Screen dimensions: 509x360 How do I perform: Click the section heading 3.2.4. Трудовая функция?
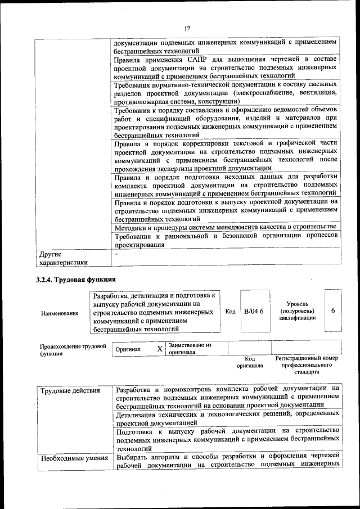(x=75, y=279)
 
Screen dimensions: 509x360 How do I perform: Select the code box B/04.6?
(x=254, y=311)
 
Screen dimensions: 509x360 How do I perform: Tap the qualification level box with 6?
(x=333, y=311)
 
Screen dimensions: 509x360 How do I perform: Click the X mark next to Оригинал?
(x=159, y=349)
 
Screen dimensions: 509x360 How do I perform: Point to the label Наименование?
(x=60, y=313)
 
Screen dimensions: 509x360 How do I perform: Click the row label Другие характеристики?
(x=62, y=258)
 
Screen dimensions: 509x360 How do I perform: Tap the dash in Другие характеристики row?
(x=116, y=254)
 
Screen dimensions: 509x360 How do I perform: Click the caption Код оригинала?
(x=249, y=362)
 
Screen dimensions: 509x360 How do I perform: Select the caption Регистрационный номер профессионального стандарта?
(x=306, y=365)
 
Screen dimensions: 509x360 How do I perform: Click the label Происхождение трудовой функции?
(x=73, y=350)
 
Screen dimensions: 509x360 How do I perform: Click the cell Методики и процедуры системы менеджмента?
(x=225, y=228)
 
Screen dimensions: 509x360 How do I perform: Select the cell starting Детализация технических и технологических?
(x=225, y=418)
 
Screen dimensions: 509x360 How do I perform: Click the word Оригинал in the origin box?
(x=128, y=349)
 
